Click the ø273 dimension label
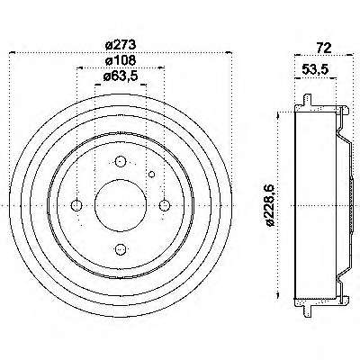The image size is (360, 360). (121, 45)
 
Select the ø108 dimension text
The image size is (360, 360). (121, 60)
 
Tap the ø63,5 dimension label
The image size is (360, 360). (121, 76)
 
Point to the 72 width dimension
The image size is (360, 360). (324, 48)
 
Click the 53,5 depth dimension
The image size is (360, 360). (315, 69)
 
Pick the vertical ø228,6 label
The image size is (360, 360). (270, 205)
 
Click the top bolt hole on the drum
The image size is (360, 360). (121, 162)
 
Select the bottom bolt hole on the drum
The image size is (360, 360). (121, 248)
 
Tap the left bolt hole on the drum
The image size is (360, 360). (76, 205)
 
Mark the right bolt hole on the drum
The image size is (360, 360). (164, 205)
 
